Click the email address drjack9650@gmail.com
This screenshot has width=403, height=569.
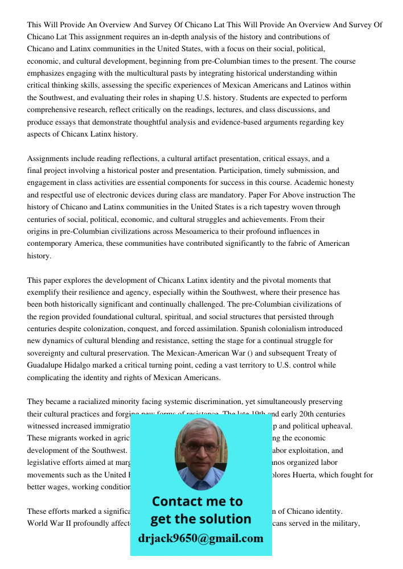coord(201,538)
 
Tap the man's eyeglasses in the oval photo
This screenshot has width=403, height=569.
coord(201,447)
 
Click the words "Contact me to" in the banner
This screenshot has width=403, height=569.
coord(197,501)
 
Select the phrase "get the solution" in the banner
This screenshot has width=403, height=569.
coord(200,519)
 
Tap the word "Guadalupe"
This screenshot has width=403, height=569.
coord(45,365)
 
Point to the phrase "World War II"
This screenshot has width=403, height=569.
coord(49,523)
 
